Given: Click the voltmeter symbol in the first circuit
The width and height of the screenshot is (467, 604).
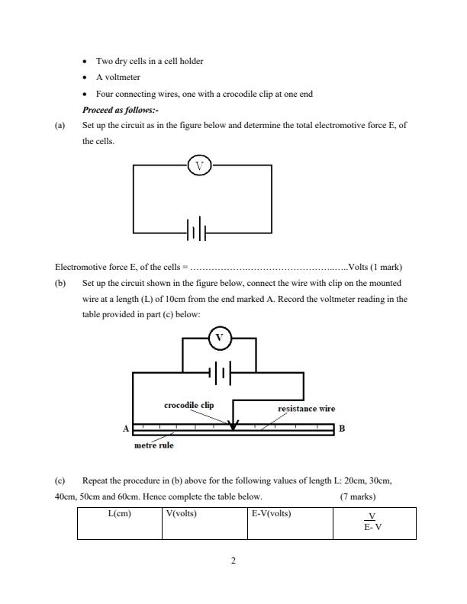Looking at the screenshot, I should (199, 165).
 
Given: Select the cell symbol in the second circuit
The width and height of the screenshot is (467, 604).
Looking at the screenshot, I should (220, 373).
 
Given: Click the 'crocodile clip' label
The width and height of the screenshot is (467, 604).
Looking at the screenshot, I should (188, 405).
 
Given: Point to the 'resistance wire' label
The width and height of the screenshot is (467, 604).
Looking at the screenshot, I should (306, 409).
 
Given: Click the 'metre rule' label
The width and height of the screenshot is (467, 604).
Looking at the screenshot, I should (153, 445).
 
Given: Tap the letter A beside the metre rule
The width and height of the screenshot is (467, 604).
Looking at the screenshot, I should (126, 429).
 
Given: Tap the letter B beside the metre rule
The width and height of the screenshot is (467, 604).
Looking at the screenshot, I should (342, 429).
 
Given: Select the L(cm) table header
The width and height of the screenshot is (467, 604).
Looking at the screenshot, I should (120, 513).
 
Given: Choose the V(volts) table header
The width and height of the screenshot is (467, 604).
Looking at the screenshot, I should (181, 513).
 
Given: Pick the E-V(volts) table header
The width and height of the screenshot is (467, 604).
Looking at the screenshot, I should (271, 513).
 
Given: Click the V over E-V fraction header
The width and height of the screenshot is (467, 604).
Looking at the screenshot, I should (372, 521).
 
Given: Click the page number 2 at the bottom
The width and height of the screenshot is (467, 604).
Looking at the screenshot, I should (233, 561).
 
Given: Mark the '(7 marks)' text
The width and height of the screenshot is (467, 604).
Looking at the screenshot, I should (358, 496).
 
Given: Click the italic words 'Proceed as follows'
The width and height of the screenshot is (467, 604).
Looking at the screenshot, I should (120, 110).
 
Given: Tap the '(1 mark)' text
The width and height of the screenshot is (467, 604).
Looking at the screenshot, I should (386, 267).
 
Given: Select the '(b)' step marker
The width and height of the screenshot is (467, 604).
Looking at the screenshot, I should (60, 283).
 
